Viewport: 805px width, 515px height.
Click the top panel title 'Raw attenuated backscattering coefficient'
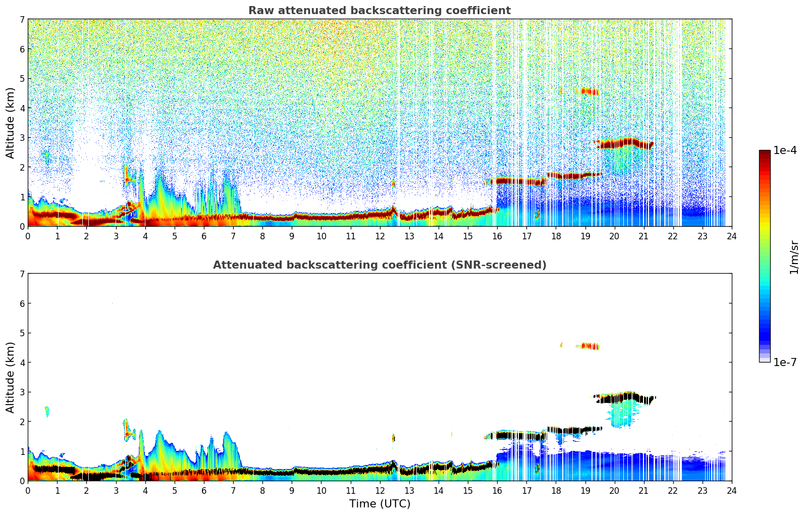point(379,11)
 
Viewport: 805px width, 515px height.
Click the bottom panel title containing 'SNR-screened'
point(379,265)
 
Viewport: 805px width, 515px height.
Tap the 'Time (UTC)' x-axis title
point(380,504)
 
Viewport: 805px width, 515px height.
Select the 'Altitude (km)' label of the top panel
point(11,123)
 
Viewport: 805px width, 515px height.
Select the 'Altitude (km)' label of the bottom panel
point(11,377)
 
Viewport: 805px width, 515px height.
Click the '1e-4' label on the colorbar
point(785,150)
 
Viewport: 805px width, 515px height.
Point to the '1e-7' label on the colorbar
point(785,362)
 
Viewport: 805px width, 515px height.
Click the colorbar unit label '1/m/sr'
point(794,257)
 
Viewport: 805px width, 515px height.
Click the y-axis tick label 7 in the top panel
point(22,20)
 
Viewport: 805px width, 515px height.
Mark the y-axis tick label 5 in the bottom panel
point(22,333)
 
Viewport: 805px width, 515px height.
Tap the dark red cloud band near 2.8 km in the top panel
point(623,143)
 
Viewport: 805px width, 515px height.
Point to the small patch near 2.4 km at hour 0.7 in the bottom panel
point(47,411)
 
